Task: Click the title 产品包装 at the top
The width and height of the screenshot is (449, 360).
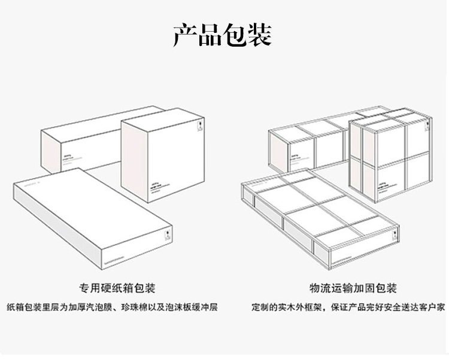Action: click(x=223, y=35)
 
